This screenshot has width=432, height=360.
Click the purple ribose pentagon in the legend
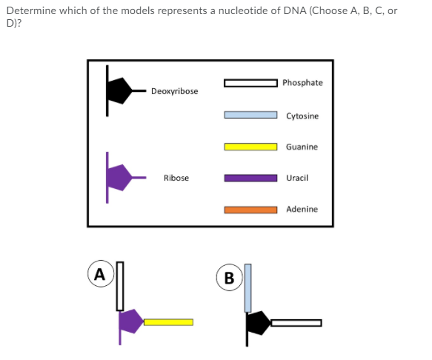[x=119, y=178]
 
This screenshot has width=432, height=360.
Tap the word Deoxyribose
[x=174, y=91]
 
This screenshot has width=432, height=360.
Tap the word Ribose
[x=176, y=178]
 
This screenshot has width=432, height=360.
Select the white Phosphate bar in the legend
[x=251, y=83]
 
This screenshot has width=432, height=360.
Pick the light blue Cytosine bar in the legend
[x=251, y=115]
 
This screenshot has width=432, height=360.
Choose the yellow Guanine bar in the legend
[x=251, y=147]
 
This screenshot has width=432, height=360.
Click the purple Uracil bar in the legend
[x=251, y=178]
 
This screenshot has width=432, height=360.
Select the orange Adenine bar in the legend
[x=251, y=210]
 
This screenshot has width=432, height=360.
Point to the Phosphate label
[x=302, y=82]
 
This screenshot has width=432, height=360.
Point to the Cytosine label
[x=302, y=116]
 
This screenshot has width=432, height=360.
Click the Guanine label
[x=302, y=147]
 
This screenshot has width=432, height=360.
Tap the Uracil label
[x=297, y=178]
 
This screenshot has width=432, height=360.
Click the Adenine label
[x=302, y=210]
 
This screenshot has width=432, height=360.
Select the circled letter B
[x=228, y=279]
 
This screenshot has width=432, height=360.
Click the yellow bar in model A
[x=168, y=322]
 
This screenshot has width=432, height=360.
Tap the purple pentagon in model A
[x=130, y=321]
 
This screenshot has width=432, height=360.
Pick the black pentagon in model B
[x=258, y=323]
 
